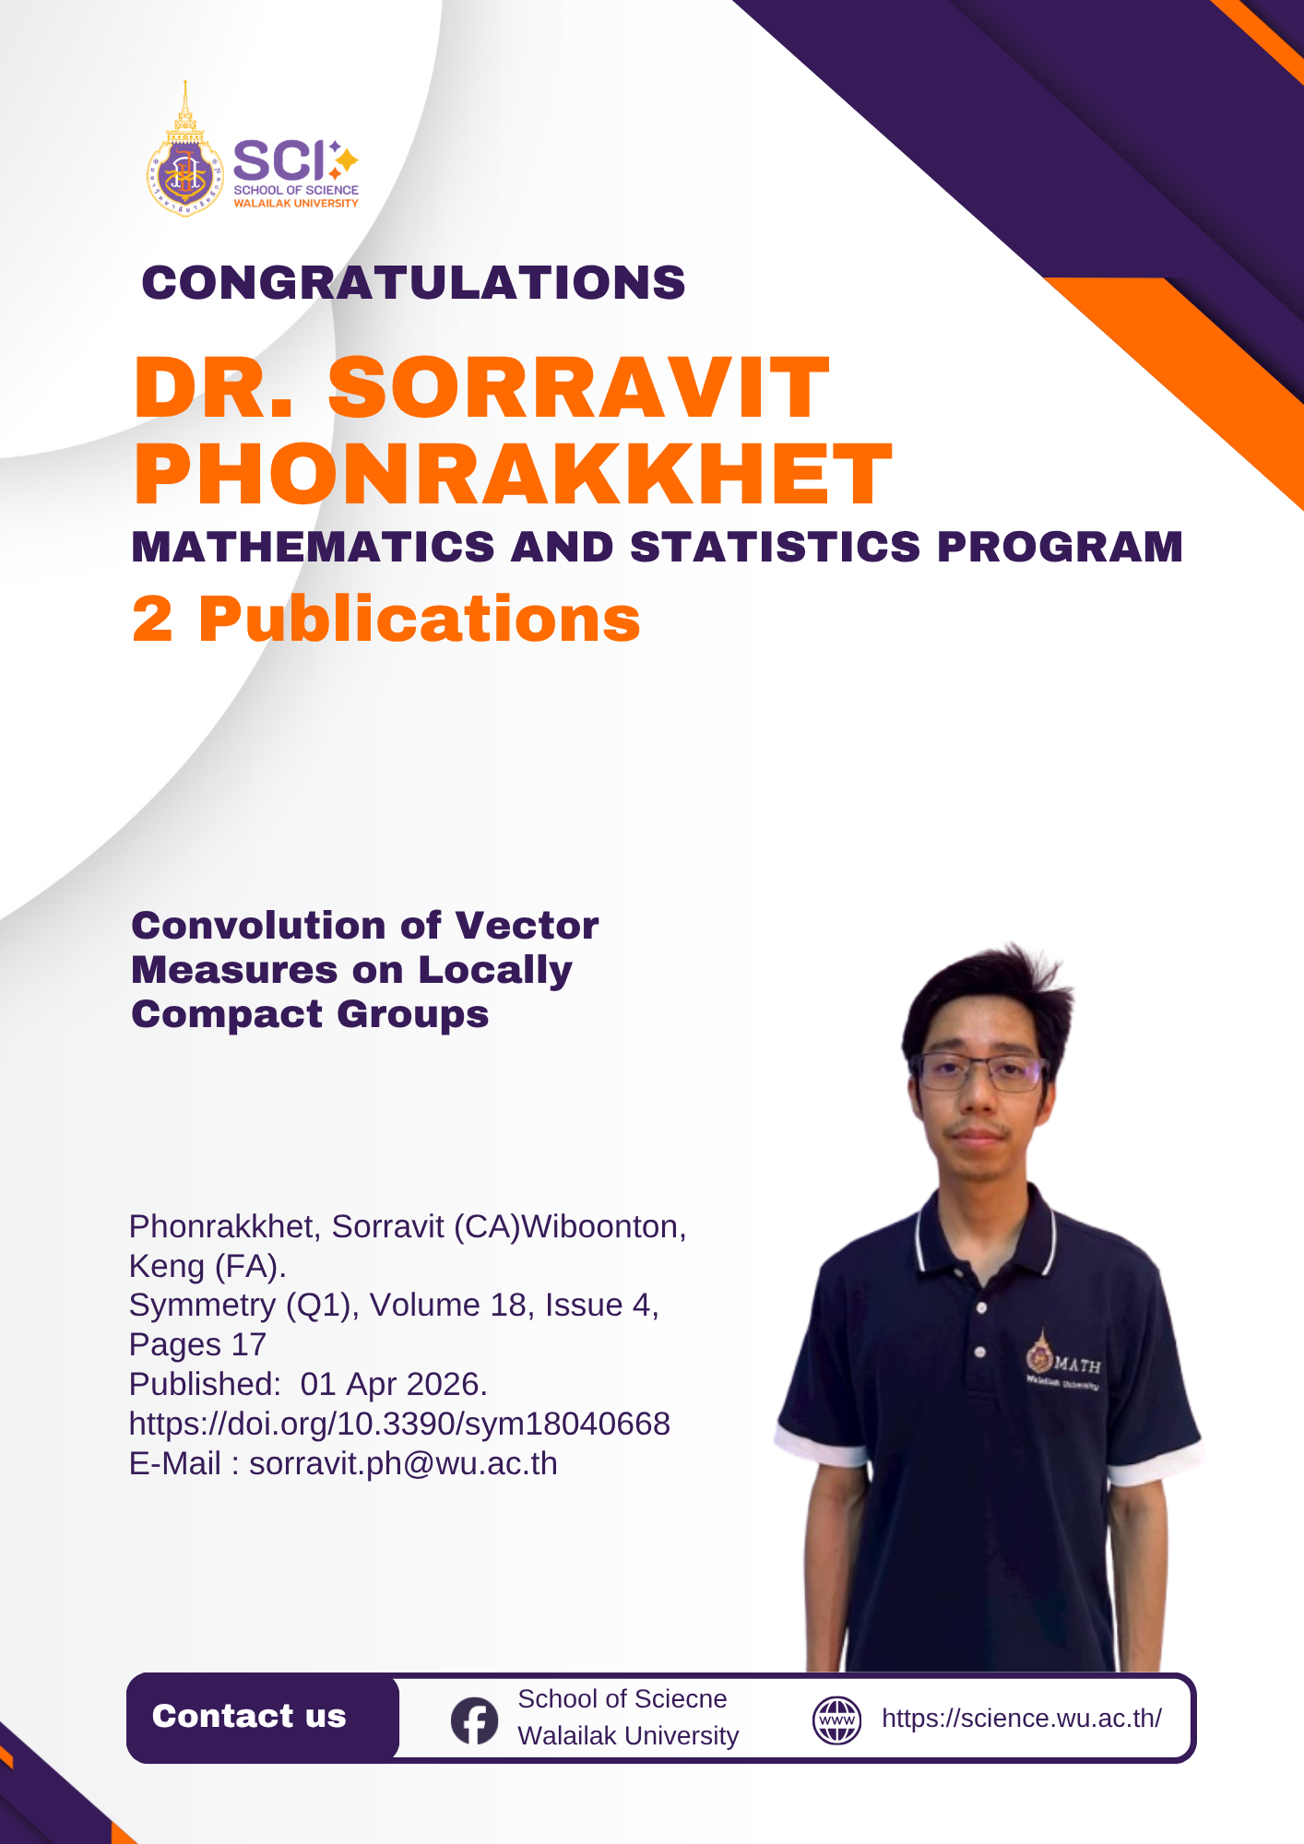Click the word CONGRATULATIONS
pyautogui.click(x=413, y=282)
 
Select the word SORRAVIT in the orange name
pyautogui.click(x=578, y=387)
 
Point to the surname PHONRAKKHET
pyautogui.click(x=513, y=474)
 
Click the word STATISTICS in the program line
pyautogui.click(x=775, y=547)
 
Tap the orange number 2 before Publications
pyautogui.click(x=152, y=619)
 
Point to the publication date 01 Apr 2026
pyautogui.click(x=394, y=1384)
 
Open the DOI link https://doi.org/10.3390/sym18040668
pyautogui.click(x=399, y=1424)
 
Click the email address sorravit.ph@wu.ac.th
pyautogui.click(x=403, y=1463)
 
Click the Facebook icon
pyautogui.click(x=474, y=1720)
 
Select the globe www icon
pyautogui.click(x=836, y=1720)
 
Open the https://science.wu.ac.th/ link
pyautogui.click(x=1022, y=1719)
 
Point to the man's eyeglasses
pyautogui.click(x=979, y=1072)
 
